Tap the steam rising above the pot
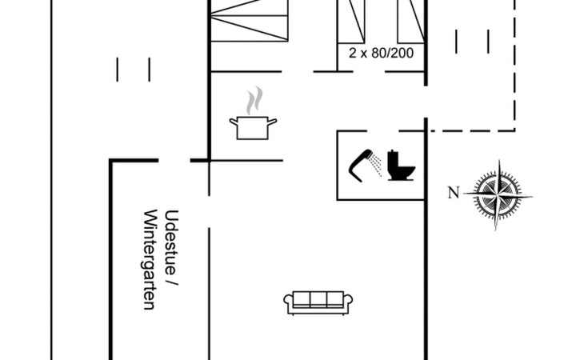[x=254, y=102]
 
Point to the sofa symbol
[x=318, y=301]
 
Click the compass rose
[x=502, y=194]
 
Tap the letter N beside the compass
[x=454, y=192]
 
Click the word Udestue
[x=170, y=239]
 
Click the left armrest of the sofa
[x=289, y=302]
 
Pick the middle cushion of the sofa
[x=318, y=299]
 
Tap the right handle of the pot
[x=273, y=121]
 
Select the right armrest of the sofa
[x=349, y=302]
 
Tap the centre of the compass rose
[x=502, y=194]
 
